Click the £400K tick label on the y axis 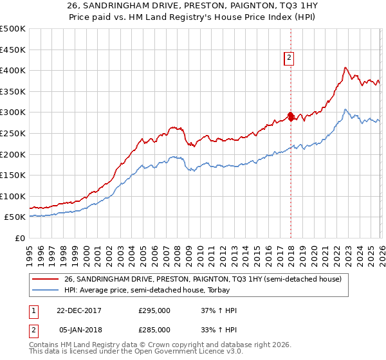(13, 71)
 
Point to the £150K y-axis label (13, 175)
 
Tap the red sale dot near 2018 (291, 116)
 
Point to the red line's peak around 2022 (345, 67)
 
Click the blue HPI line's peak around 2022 (345, 109)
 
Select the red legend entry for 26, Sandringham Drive (206, 279)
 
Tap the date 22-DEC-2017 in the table (78, 310)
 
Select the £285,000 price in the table (154, 329)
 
